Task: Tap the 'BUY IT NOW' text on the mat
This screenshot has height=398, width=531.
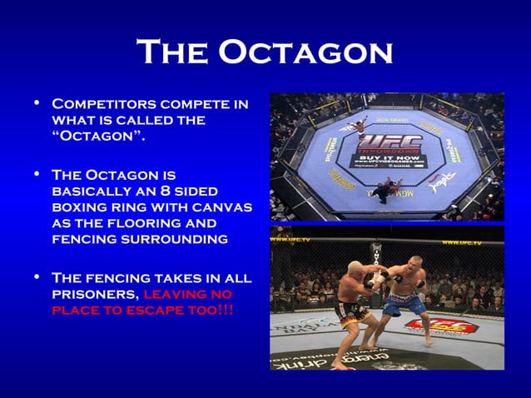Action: coord(386,157)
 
